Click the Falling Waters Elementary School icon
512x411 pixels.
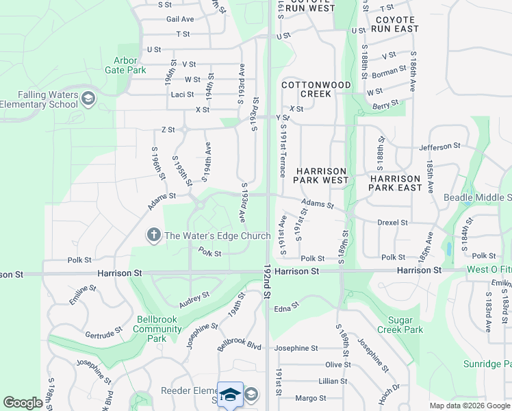(88, 99)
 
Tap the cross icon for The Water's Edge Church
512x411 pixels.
(153, 236)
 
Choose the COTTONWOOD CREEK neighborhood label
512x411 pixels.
(316, 89)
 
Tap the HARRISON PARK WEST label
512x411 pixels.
(321, 175)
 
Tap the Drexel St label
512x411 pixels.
(392, 223)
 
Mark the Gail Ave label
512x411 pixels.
(180, 19)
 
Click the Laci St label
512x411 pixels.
(183, 95)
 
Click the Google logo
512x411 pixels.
(23, 403)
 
